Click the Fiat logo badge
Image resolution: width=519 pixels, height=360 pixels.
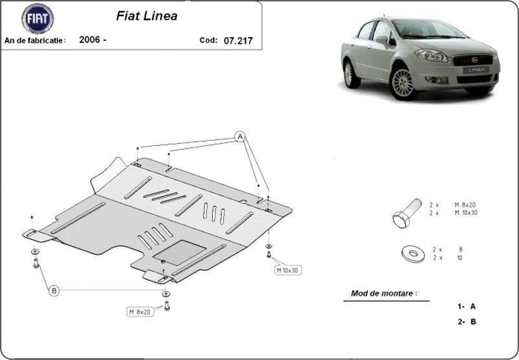tap(38, 19)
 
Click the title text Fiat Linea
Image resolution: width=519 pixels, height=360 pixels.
tap(147, 16)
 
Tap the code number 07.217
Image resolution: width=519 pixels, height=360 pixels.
tap(238, 41)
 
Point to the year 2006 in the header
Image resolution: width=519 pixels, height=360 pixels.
tap(90, 40)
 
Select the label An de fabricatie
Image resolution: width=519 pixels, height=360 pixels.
tap(35, 41)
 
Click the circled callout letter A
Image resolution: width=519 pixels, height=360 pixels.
tap(240, 136)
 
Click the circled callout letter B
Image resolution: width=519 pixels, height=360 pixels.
tap(54, 291)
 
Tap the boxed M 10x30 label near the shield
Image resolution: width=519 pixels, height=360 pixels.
tap(287, 270)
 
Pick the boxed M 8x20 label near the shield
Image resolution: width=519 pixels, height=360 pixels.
tap(140, 312)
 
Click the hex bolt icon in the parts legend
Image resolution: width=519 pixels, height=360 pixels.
tap(407, 213)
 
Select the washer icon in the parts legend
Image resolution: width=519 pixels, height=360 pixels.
tap(413, 254)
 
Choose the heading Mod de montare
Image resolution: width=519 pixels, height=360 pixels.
tap(384, 293)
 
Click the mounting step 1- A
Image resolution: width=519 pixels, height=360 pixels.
tap(466, 306)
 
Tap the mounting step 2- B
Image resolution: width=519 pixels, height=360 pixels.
tap(467, 322)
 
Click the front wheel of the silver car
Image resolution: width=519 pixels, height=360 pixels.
tap(403, 83)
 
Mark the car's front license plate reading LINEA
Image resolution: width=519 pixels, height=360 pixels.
tap(476, 70)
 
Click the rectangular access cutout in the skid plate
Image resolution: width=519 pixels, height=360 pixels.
tap(180, 252)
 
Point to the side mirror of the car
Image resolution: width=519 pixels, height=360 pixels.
tap(382, 40)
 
